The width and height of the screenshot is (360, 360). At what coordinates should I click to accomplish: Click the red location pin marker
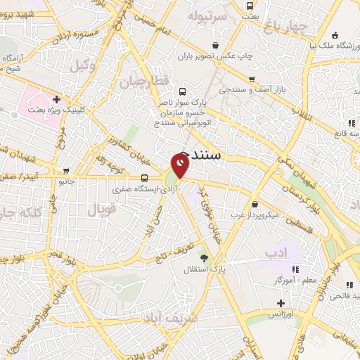pyautogui.click(x=181, y=166)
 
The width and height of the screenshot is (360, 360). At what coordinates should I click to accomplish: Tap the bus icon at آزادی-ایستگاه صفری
pyautogui.click(x=145, y=179)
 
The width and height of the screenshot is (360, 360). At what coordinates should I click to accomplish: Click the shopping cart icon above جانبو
pyautogui.click(x=66, y=171)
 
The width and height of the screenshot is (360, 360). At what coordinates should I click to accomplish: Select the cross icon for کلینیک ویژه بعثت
pyautogui.click(x=56, y=99)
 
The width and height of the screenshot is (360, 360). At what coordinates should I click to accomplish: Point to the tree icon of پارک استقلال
pyautogui.click(x=205, y=258)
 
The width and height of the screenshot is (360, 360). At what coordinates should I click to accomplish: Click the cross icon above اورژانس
pyautogui.click(x=281, y=303)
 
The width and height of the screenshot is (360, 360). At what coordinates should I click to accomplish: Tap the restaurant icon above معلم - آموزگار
pyautogui.click(x=295, y=269)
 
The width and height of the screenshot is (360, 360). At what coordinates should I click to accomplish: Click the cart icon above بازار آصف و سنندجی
pyautogui.click(x=251, y=79)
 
